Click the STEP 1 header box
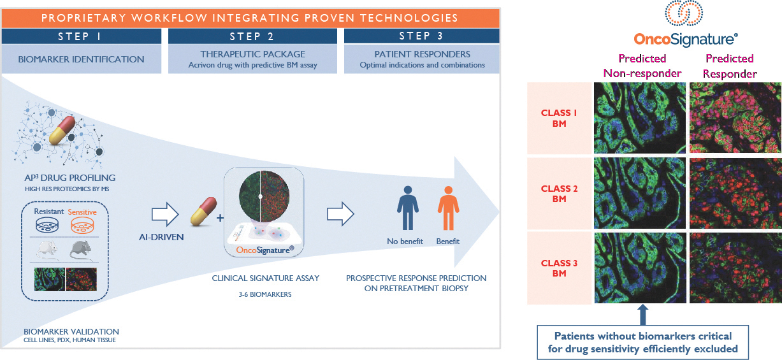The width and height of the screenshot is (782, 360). (83, 36)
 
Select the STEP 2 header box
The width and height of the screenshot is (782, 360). (252, 36)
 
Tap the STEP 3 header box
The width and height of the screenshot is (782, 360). (421, 36)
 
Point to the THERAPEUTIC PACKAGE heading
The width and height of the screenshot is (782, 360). (252, 54)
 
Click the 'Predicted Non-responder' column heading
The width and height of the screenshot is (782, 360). (642, 66)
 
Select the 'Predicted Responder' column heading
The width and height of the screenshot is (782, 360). (730, 66)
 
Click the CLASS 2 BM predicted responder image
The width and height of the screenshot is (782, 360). (735, 192)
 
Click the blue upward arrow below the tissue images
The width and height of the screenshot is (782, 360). (642, 315)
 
